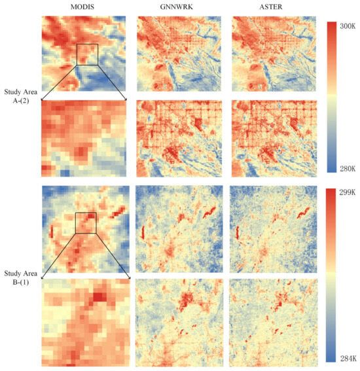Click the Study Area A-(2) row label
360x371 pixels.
click(x=20, y=96)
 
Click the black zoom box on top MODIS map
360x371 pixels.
click(x=87, y=54)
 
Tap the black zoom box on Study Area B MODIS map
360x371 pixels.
click(x=86, y=222)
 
